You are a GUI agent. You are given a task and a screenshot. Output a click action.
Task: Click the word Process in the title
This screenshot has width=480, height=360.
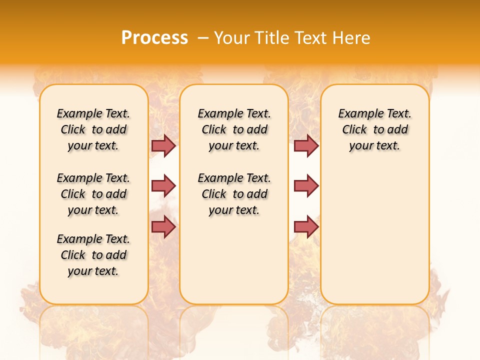[154, 38]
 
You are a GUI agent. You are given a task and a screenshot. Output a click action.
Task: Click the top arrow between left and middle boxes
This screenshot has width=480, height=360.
[163, 145]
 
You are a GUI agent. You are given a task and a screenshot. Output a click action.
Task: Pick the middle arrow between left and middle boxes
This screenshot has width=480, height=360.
[163, 186]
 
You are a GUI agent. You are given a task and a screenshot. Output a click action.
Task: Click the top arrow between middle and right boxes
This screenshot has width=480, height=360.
[306, 145]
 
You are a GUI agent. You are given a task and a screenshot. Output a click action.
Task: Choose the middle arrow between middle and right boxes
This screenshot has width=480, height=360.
[306, 186]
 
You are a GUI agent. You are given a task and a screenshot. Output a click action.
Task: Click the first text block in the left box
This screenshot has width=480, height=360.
[93, 129]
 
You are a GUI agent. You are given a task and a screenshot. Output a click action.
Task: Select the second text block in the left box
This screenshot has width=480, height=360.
[93, 194]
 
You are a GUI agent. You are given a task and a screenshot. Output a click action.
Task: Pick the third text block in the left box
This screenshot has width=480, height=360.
[93, 255]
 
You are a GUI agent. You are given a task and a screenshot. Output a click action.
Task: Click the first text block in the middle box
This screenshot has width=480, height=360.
[234, 129]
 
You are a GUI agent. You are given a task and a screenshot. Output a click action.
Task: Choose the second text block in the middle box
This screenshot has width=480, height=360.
[234, 194]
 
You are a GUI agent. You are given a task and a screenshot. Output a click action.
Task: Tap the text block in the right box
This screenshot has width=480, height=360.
[374, 129]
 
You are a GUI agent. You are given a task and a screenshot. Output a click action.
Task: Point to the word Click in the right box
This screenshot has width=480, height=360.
[354, 130]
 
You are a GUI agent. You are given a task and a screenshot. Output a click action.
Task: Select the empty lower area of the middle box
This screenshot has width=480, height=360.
[234, 260]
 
